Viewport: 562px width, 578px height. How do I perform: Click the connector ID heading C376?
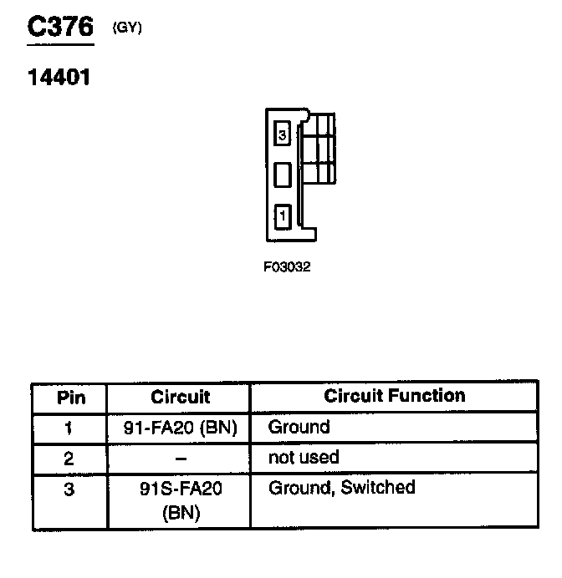(x=59, y=27)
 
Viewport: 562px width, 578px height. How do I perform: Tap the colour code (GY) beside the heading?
(x=127, y=28)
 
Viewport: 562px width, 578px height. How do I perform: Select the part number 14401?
(x=59, y=79)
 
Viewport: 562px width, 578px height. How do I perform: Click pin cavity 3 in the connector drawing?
(x=283, y=134)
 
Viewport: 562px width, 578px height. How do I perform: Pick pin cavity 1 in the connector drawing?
(x=283, y=216)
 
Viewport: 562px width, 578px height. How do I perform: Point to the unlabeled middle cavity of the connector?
(x=283, y=175)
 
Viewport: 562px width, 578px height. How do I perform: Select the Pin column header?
(x=70, y=397)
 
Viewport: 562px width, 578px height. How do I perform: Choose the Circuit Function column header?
(x=395, y=395)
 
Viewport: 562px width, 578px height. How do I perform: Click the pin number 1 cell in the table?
(x=69, y=428)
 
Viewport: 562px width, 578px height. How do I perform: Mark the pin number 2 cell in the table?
(x=69, y=458)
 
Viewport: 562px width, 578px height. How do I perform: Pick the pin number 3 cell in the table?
(x=69, y=489)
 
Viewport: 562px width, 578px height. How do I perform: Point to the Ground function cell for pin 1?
(x=299, y=427)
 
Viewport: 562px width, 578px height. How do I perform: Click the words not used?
(x=304, y=457)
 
